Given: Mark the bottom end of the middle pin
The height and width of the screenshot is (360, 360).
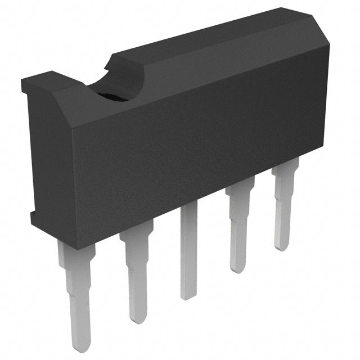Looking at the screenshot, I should (189, 296).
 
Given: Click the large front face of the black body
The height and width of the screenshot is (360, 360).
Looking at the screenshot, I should (186, 152).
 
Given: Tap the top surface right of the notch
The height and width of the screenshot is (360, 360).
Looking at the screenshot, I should (214, 39).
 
